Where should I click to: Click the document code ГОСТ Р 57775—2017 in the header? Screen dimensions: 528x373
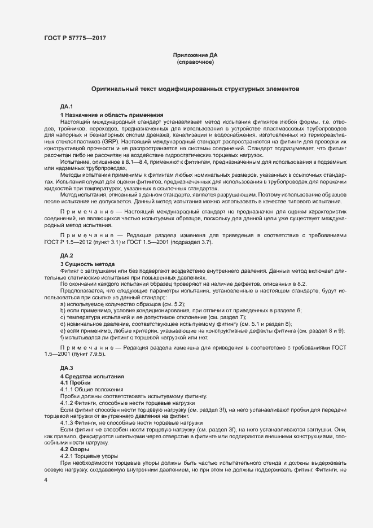point(75,38)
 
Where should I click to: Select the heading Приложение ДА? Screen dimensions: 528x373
point(195,55)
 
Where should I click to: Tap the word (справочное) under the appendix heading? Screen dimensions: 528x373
point(195,62)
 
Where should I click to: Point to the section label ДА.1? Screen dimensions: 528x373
point(67,107)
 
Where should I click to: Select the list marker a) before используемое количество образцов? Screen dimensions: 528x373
point(63,304)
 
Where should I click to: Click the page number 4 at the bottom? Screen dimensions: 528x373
point(46,479)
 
